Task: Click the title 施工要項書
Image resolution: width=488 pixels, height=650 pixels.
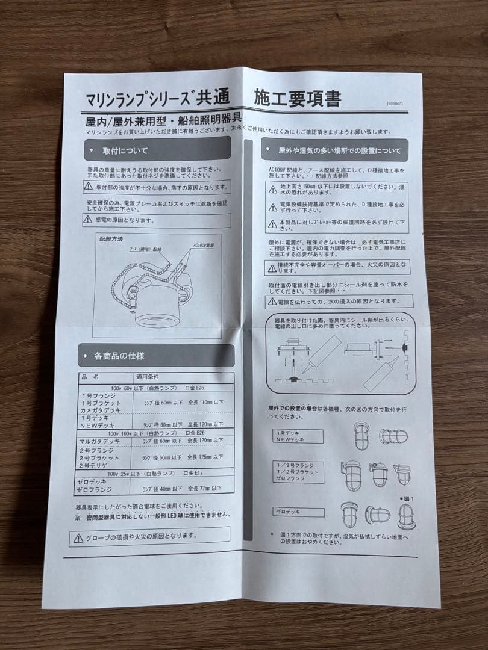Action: (x=298, y=97)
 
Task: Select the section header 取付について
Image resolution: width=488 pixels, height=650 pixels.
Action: (x=125, y=150)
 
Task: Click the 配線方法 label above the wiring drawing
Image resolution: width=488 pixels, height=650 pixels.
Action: (x=111, y=239)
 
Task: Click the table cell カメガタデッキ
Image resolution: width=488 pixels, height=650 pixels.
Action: (x=100, y=410)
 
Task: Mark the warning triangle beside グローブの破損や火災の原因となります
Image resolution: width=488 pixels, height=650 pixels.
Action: (x=78, y=536)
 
